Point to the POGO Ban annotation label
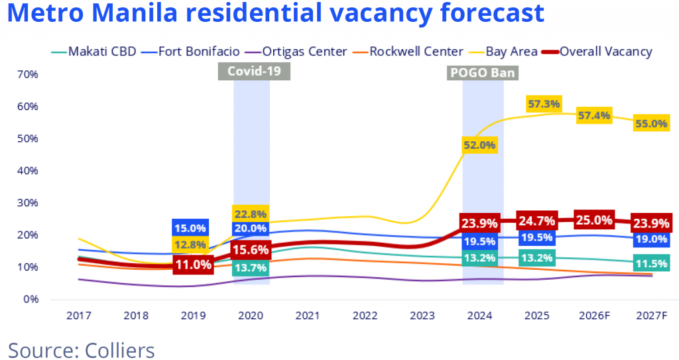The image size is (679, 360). pos(482,73)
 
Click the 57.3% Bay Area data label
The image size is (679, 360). pos(544,104)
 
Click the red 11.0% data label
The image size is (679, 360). pos(193,265)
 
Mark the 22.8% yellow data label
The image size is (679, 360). pos(250,214)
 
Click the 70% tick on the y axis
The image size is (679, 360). pos(27,74)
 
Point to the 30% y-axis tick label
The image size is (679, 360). pos(27,203)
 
